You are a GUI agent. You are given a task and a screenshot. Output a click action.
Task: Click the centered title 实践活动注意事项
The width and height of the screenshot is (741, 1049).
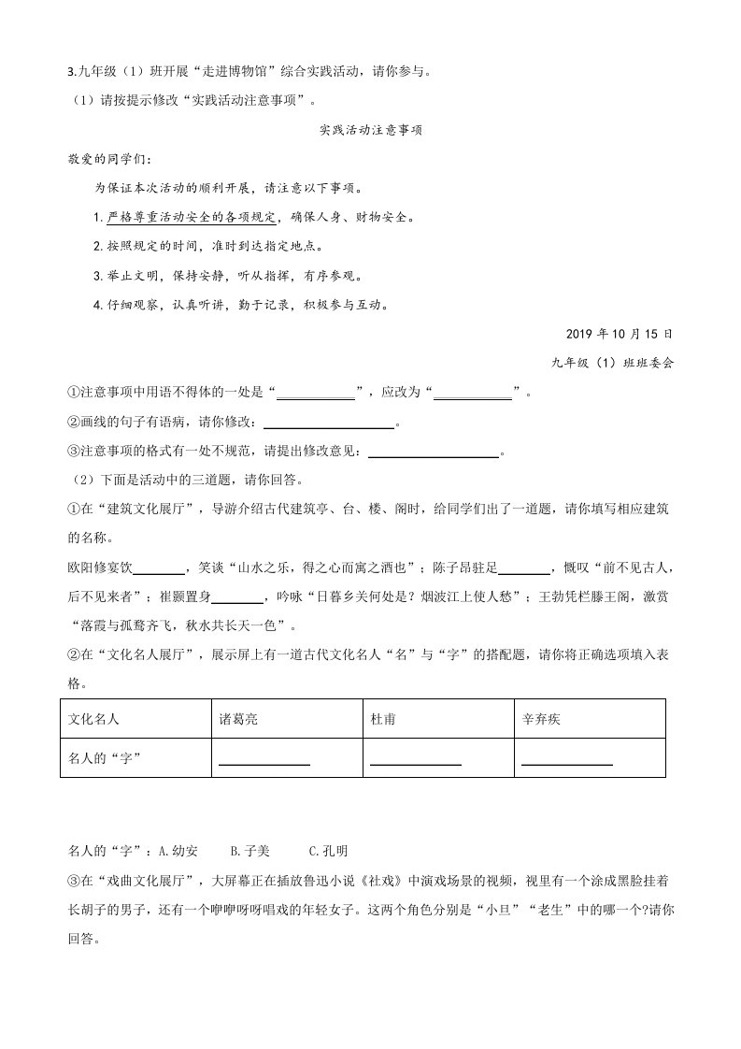(371, 131)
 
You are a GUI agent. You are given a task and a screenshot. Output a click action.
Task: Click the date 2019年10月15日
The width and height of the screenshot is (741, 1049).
(619, 334)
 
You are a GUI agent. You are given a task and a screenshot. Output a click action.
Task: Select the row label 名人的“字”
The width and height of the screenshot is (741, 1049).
(105, 757)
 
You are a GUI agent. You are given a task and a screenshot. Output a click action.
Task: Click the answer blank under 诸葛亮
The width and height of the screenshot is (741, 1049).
(264, 759)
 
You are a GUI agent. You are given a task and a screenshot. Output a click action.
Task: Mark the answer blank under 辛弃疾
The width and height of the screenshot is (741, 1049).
(567, 759)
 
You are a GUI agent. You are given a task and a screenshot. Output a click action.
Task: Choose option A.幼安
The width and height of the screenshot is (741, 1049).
(178, 851)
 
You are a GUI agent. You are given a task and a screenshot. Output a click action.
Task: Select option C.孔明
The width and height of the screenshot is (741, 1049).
(328, 851)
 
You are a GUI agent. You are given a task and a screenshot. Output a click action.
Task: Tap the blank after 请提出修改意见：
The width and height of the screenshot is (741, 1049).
(435, 453)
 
